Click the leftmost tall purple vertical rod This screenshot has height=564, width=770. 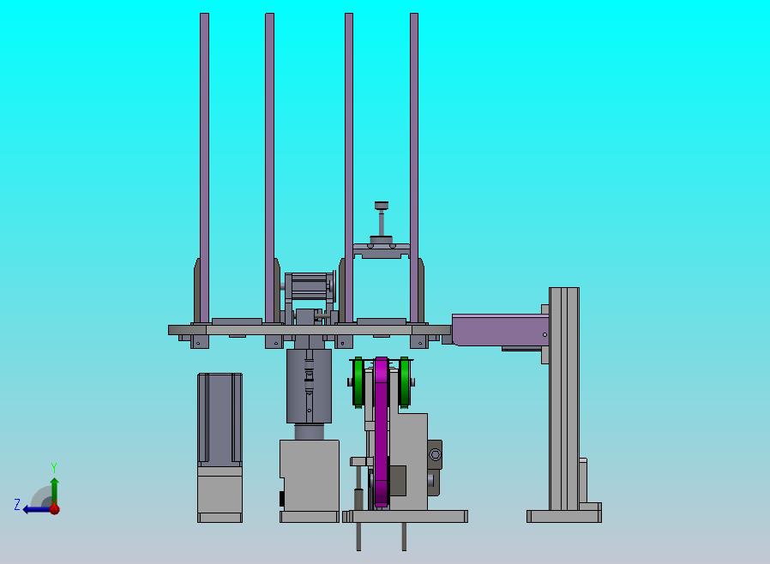pyautogui.click(x=204, y=168)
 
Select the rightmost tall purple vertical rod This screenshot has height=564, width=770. pyautogui.click(x=414, y=168)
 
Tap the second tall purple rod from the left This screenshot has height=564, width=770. pyautogui.click(x=269, y=168)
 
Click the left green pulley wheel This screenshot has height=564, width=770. pyautogui.click(x=358, y=382)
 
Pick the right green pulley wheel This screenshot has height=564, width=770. pyautogui.click(x=404, y=382)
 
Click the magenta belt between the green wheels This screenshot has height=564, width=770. pyautogui.click(x=381, y=432)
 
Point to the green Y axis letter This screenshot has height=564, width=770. pyautogui.click(x=54, y=467)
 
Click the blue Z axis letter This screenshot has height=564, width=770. pyautogui.click(x=17, y=505)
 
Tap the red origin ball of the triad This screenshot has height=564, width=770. pyautogui.click(x=55, y=509)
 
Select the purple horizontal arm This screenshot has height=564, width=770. pyautogui.click(x=500, y=330)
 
